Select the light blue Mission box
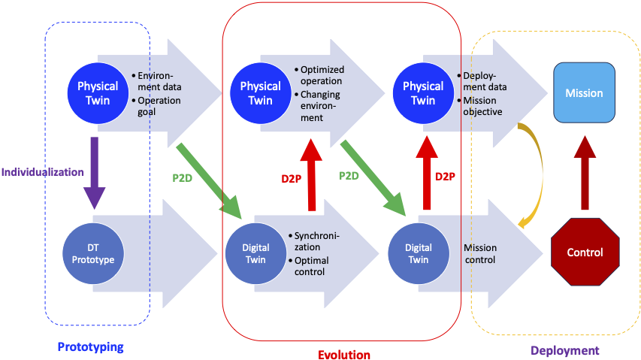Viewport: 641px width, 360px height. click(584, 93)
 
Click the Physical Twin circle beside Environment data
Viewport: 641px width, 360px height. click(98, 93)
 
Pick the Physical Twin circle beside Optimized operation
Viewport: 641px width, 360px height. click(260, 93)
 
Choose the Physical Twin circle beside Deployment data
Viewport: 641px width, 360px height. click(423, 93)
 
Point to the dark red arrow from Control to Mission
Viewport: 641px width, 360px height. click(584, 172)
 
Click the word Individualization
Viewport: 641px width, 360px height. click(42, 172)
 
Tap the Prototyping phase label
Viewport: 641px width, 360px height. click(90, 347)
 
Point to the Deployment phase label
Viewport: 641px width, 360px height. click(564, 350)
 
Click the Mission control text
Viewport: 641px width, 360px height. click(479, 254)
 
